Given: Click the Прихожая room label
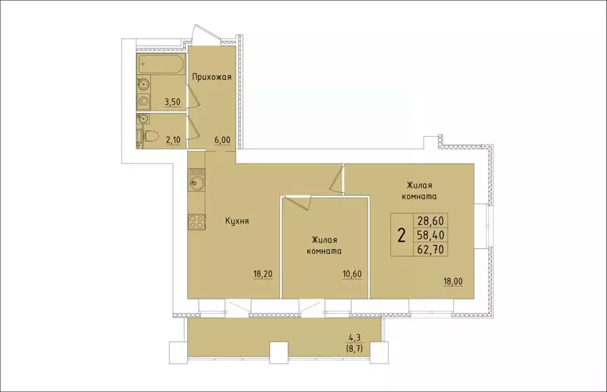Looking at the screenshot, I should (211, 77).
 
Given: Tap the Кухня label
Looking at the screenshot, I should (236, 221).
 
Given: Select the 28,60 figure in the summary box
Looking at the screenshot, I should (431, 220).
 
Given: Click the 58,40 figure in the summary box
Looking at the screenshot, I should (431, 235).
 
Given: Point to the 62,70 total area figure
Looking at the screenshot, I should (431, 249).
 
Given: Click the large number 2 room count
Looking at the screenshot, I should (402, 236).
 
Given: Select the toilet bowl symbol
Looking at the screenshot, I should (148, 137).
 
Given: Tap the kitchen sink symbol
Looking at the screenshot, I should (196, 182).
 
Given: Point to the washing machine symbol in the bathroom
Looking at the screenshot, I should (142, 102).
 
